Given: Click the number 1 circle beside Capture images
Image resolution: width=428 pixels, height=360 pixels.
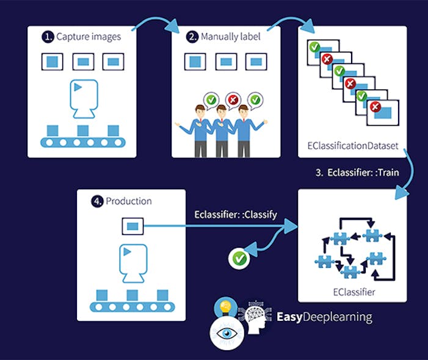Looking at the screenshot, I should [x=47, y=37].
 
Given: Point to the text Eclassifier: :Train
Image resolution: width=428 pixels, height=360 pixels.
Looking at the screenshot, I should [x=357, y=173].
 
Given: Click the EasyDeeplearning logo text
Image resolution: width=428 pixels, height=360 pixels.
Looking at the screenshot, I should [x=324, y=317].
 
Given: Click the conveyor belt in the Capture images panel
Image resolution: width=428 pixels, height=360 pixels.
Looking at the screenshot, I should [x=83, y=142].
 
